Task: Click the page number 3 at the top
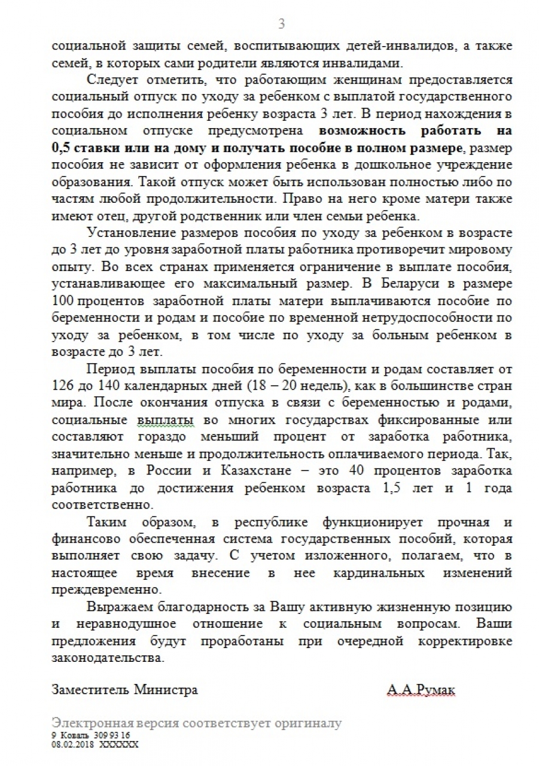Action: point(282,24)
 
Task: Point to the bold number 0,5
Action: point(63,147)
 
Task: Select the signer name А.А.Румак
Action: point(421,690)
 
